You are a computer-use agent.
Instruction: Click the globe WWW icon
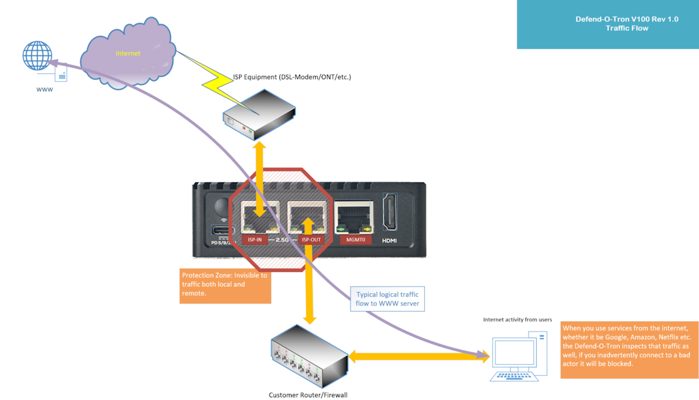pyautogui.click(x=38, y=56)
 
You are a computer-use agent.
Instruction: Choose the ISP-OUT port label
pyautogui.click(x=311, y=240)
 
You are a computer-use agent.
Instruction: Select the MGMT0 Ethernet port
pyautogui.click(x=354, y=218)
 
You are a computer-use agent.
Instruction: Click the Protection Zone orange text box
pyautogui.click(x=225, y=284)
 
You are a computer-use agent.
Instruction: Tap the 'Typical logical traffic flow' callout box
pyautogui.click(x=388, y=299)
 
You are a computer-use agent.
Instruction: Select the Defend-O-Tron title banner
pyautogui.click(x=607, y=24)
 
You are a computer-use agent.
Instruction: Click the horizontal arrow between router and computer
pyautogui.click(x=419, y=356)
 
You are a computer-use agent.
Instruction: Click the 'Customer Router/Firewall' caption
pyautogui.click(x=308, y=395)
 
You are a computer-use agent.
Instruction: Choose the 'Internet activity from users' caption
pyautogui.click(x=517, y=319)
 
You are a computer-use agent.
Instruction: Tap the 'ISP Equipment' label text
pyautogui.click(x=292, y=77)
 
